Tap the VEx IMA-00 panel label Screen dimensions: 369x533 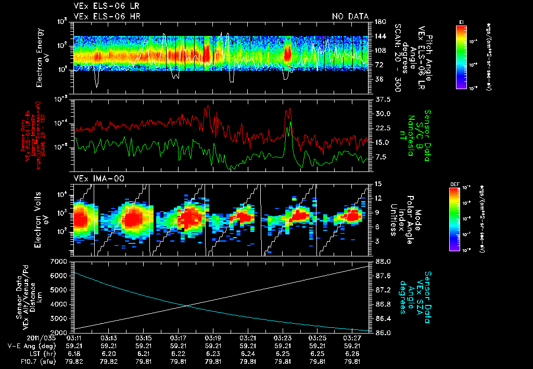coord(95,178)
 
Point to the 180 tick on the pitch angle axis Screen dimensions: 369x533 coord(380,21)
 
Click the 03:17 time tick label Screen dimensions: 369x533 coord(178,338)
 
